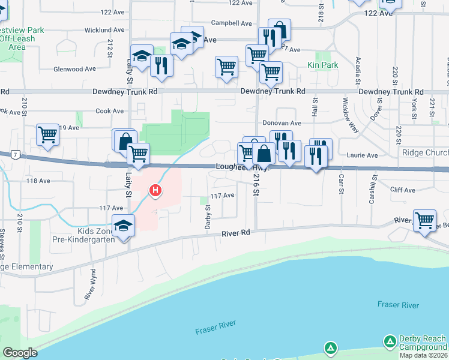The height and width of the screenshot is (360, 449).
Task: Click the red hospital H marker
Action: pos(155,191)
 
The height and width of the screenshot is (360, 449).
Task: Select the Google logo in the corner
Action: pos(20,353)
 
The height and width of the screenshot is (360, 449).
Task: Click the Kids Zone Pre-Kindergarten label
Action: pos(100,235)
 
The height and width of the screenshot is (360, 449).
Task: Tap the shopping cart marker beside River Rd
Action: pos(424,220)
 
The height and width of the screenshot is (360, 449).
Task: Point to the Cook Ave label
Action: pos(110,111)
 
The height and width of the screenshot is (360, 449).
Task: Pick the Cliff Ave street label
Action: pos(402,190)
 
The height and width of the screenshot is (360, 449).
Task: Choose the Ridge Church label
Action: pos(425,154)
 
